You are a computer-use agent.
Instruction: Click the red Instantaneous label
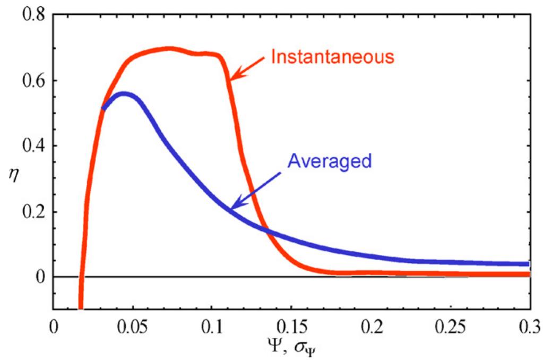pos(332,57)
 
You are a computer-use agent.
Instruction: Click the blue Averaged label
pos(329,161)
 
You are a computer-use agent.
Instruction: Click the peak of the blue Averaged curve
pos(124,95)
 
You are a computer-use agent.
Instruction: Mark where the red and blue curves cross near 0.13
pos(265,229)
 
